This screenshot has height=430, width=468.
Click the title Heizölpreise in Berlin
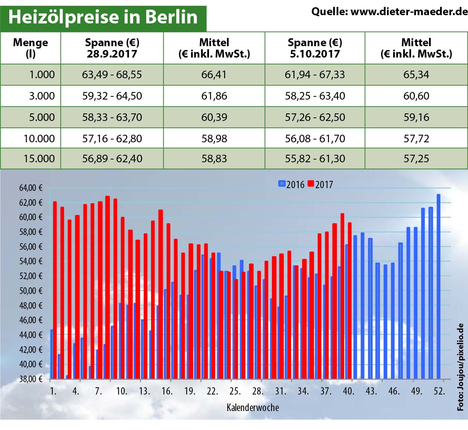pyautogui.click(x=103, y=17)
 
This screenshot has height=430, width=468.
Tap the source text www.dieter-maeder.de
pyautogui.click(x=389, y=12)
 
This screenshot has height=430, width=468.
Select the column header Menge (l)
pyautogui.click(x=30, y=48)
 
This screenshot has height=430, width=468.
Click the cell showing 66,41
pyautogui.click(x=214, y=74)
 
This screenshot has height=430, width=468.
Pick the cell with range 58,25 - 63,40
pyautogui.click(x=315, y=96)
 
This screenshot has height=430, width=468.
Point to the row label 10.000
pyautogui.click(x=39, y=139)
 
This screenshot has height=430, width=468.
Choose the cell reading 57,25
pyautogui.click(x=416, y=158)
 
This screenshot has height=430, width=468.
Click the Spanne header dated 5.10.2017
pyautogui.click(x=315, y=48)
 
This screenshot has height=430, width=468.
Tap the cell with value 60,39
pyautogui.click(x=214, y=117)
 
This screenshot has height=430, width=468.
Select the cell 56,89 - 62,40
pyautogui.click(x=112, y=158)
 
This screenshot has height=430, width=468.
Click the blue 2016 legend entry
pyautogui.click(x=291, y=184)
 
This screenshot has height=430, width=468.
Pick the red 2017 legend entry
pyautogui.click(x=320, y=184)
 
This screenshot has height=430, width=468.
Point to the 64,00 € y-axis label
pyautogui.click(x=31, y=188)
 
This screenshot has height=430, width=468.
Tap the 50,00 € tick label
pyautogui.click(x=31, y=291)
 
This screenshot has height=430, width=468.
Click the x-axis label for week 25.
pyautogui.click(x=235, y=391)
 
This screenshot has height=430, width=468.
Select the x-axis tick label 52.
pyautogui.click(x=439, y=391)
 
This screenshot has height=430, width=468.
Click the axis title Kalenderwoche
pyautogui.click(x=252, y=408)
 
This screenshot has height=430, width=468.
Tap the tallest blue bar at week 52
pyautogui.click(x=438, y=286)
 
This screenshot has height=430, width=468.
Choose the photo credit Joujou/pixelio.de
pyautogui.click(x=461, y=367)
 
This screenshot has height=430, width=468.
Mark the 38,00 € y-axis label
pyautogui.click(x=31, y=379)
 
